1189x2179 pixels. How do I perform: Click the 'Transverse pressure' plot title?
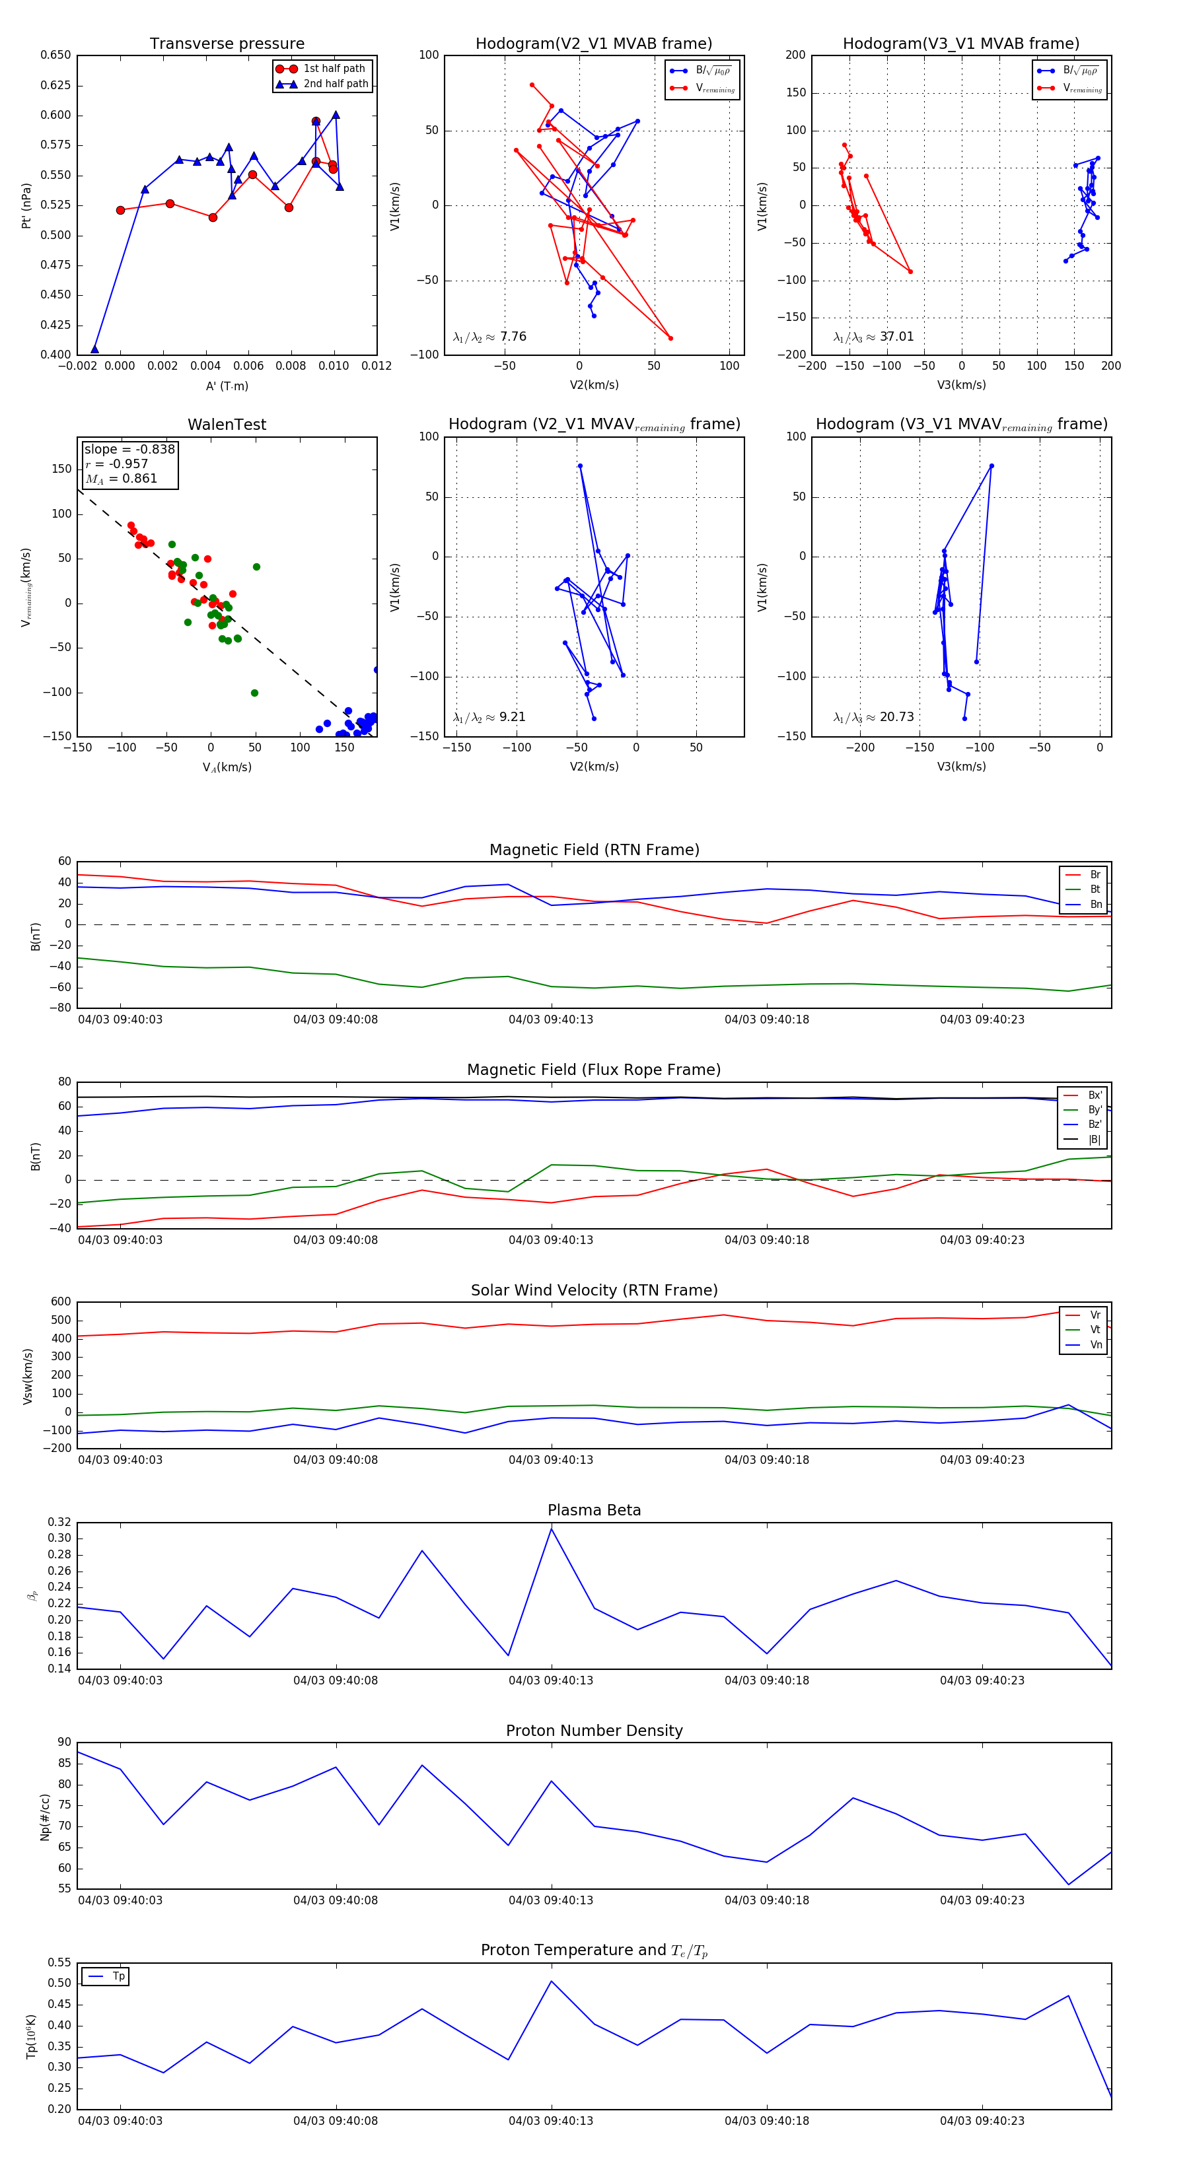pyautogui.click(x=227, y=44)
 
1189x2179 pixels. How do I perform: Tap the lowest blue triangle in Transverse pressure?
pyautogui.click(x=94, y=349)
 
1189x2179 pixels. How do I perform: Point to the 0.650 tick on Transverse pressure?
pyautogui.click(x=56, y=55)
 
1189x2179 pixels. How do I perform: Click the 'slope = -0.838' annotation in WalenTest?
pyautogui.click(x=129, y=449)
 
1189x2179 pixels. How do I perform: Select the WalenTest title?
pyautogui.click(x=227, y=425)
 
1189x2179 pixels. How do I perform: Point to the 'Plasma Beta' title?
pyautogui.click(x=594, y=1510)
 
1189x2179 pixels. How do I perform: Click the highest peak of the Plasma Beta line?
pyautogui.click(x=552, y=1529)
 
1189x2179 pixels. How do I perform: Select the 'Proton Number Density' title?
pyautogui.click(x=594, y=1730)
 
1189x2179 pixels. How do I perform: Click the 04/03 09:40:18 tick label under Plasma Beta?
pyautogui.click(x=767, y=1680)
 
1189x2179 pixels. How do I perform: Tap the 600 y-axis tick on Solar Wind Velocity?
pyautogui.click(x=61, y=1302)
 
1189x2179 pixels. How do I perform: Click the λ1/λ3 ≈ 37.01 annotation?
pyautogui.click(x=873, y=337)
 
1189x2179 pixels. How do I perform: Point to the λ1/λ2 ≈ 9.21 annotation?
pyautogui.click(x=489, y=717)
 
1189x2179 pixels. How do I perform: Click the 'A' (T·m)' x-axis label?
pyautogui.click(x=227, y=386)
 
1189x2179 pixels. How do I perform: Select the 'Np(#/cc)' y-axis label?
pyautogui.click(x=45, y=1817)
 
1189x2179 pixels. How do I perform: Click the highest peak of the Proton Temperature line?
pyautogui.click(x=552, y=1981)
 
